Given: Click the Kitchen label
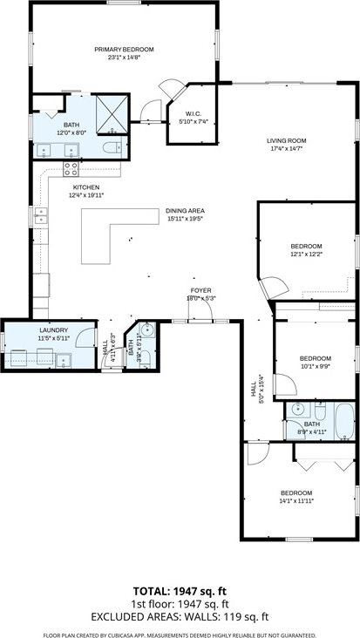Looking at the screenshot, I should (x=85, y=187).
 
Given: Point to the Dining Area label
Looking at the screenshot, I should (x=185, y=211).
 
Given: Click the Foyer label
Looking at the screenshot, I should (x=201, y=290).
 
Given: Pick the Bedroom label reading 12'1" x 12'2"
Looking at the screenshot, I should (x=306, y=247).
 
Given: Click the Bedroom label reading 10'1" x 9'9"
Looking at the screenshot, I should (x=315, y=358).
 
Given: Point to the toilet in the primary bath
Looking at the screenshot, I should (x=108, y=150).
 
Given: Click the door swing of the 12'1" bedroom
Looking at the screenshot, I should (x=272, y=288).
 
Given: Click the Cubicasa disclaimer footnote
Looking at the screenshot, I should (x=180, y=633).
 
